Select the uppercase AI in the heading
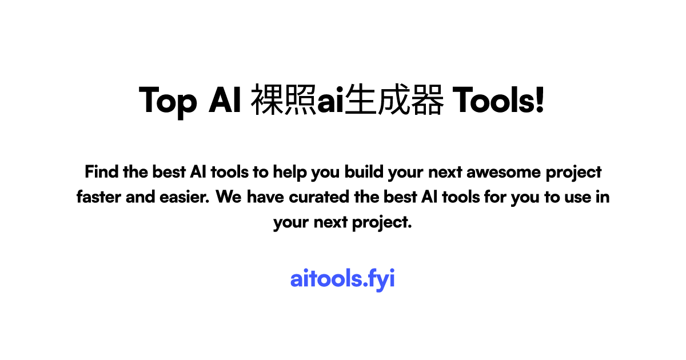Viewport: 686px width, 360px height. click(x=225, y=101)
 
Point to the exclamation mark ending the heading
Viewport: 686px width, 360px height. click(x=540, y=101)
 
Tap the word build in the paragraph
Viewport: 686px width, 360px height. click(x=365, y=171)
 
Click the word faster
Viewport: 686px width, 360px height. click(x=98, y=197)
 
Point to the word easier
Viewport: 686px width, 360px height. click(x=186, y=197)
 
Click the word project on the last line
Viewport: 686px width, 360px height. click(x=384, y=222)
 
